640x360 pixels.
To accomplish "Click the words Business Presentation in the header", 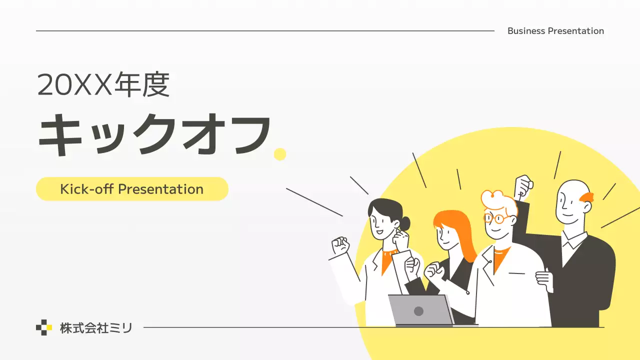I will (555, 31).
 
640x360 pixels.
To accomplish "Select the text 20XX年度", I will (103, 85).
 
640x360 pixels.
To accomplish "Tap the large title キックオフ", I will (155, 134).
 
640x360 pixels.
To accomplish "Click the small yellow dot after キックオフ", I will (280, 154).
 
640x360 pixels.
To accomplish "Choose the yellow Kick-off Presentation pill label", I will (132, 189).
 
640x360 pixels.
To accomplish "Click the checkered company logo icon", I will (44, 327).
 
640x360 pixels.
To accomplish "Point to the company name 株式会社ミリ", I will (96, 328).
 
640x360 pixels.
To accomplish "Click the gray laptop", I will (420, 310).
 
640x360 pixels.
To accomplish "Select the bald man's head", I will (571, 202).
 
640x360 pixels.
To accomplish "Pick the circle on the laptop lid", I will (419, 311).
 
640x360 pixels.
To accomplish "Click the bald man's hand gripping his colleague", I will (545, 280).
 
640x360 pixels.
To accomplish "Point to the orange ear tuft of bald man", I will (587, 197).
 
